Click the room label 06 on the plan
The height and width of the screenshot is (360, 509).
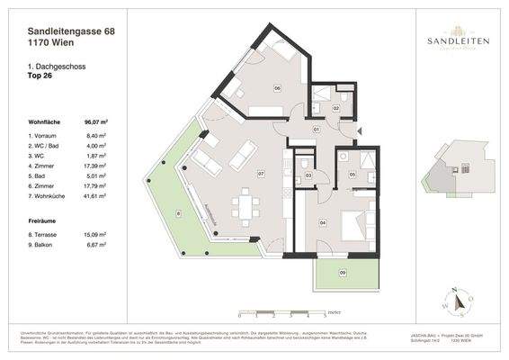pos(277,87)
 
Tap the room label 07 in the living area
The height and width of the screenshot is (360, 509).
pos(260,173)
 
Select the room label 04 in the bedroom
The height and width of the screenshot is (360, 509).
pos(323,220)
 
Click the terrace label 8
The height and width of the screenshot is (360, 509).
pos(178,213)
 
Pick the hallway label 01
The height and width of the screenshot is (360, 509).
pos(317,130)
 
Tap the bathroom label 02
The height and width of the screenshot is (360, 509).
pos(335,108)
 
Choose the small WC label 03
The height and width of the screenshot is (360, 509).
pos(308,175)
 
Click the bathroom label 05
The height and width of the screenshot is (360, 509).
pos(353,174)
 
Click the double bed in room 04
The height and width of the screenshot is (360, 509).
pos(353,226)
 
